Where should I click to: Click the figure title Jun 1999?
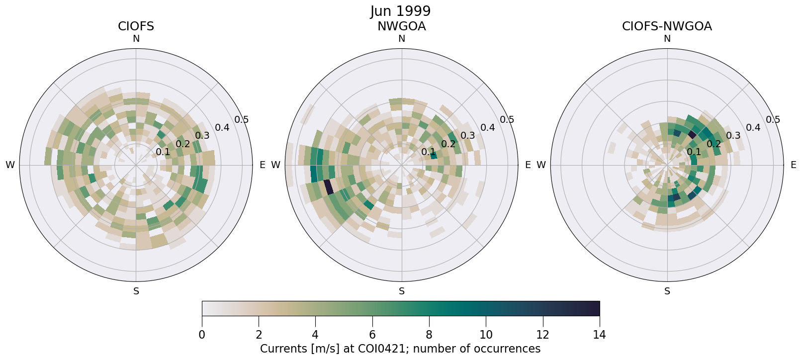(x=400, y=11)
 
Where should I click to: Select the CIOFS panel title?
(x=136, y=26)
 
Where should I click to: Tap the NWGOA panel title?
(x=401, y=26)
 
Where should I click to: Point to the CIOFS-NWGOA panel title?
(x=667, y=26)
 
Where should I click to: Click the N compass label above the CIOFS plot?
(x=136, y=39)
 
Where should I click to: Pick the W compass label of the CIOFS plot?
(x=10, y=165)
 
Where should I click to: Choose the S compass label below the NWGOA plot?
(x=402, y=291)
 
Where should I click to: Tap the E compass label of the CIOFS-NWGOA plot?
(x=793, y=165)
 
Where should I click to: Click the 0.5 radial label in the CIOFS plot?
(x=242, y=120)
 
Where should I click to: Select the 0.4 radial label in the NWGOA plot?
(x=487, y=128)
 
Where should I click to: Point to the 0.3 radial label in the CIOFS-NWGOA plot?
(x=733, y=136)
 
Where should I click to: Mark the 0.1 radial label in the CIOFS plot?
(x=163, y=152)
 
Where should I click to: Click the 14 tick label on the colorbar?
(x=599, y=335)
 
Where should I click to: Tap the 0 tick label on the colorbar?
(x=202, y=335)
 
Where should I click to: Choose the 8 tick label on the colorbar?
(x=429, y=335)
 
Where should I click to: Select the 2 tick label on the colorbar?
(x=259, y=335)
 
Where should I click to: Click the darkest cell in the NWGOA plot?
(x=328, y=188)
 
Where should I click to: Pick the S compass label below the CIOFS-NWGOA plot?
(x=667, y=291)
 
